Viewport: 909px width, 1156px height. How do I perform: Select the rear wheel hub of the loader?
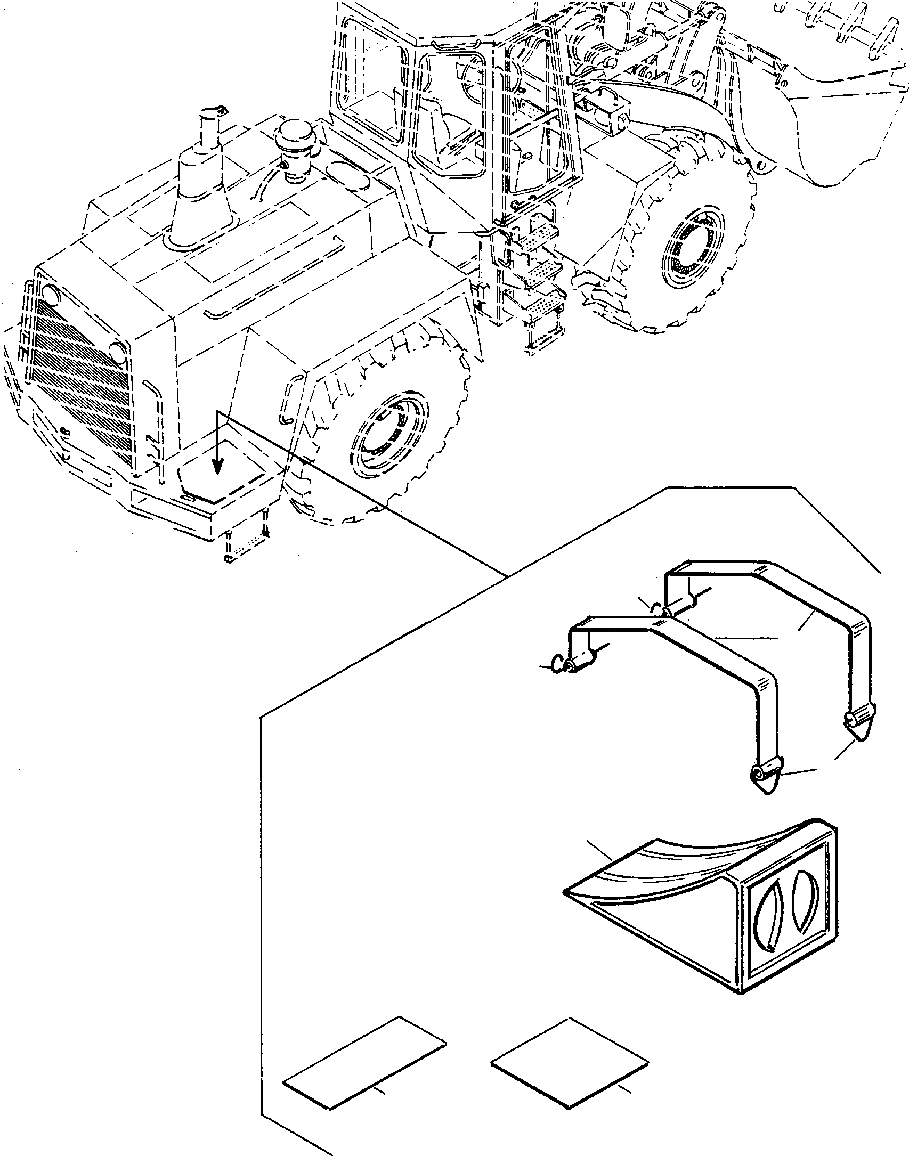click(392, 431)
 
